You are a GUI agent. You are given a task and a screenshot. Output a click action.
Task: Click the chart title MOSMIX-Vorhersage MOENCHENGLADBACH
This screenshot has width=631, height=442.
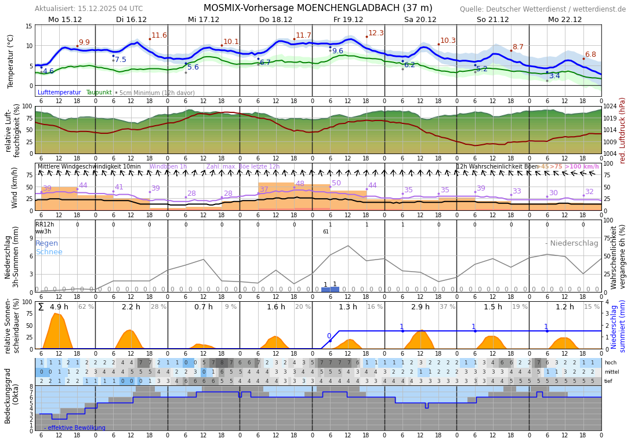[318, 8]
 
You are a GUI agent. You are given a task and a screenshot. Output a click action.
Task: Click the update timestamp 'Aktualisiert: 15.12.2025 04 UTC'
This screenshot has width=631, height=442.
[89, 9]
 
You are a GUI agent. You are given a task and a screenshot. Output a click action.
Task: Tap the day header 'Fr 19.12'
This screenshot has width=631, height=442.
[348, 19]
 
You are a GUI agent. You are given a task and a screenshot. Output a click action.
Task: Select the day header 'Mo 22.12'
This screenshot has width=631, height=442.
[564, 19]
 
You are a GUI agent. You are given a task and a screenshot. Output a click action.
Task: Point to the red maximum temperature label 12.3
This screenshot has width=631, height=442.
[376, 33]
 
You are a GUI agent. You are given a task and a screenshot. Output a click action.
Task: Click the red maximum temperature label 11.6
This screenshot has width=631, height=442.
[159, 35]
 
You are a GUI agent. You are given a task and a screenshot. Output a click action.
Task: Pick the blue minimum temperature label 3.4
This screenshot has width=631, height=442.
[554, 76]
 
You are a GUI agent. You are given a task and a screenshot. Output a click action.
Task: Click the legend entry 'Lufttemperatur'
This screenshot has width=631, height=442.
[59, 93]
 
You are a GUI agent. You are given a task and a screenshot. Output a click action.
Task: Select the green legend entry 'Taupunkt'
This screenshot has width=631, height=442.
[99, 93]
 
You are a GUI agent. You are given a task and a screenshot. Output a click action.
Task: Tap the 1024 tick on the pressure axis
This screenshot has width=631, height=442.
[610, 107]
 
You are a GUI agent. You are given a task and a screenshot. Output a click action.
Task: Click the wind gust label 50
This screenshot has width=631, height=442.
[336, 183]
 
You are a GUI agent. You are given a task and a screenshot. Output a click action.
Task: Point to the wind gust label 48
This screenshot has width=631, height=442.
[300, 184]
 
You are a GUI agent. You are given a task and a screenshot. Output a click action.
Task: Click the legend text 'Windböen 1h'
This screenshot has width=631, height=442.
[168, 167]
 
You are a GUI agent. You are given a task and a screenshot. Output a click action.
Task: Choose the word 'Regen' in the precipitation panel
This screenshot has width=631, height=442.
[46, 243]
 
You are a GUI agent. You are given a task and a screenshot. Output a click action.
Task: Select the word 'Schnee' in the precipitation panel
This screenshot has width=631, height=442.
[49, 252]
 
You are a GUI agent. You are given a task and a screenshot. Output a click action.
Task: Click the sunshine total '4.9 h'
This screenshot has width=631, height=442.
[59, 307]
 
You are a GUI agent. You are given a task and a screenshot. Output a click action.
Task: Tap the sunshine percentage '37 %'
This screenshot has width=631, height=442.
[447, 307]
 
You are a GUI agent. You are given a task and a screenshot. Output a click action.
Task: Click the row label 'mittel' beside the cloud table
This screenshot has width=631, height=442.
[611, 372]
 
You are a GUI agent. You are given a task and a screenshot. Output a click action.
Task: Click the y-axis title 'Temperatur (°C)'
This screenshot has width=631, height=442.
[11, 61]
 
